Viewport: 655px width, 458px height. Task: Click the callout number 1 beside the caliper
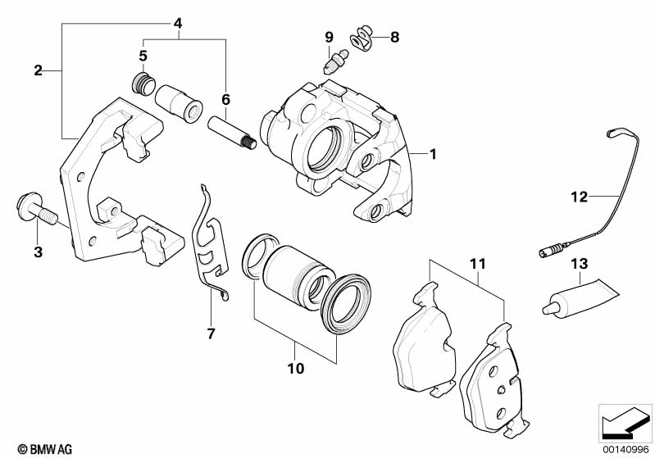[433, 154]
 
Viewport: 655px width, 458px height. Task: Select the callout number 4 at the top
[178, 24]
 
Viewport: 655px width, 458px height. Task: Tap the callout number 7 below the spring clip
[211, 333]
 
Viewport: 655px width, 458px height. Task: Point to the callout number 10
[296, 369]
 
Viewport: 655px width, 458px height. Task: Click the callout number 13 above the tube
[580, 264]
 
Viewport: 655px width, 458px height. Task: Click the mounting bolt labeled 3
[37, 207]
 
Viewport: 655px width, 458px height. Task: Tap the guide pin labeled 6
[232, 134]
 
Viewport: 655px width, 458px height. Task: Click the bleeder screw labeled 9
[336, 61]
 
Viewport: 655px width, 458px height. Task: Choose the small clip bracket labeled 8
[362, 38]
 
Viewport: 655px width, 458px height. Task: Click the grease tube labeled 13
[580, 298]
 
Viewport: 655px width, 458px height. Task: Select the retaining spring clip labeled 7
[210, 243]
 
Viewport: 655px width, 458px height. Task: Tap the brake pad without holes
[424, 340]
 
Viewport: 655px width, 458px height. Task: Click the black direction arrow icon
[625, 423]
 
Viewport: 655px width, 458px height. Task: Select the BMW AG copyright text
[45, 449]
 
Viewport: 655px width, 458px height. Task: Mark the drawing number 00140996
[625, 450]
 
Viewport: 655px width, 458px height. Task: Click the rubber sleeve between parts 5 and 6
[179, 104]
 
